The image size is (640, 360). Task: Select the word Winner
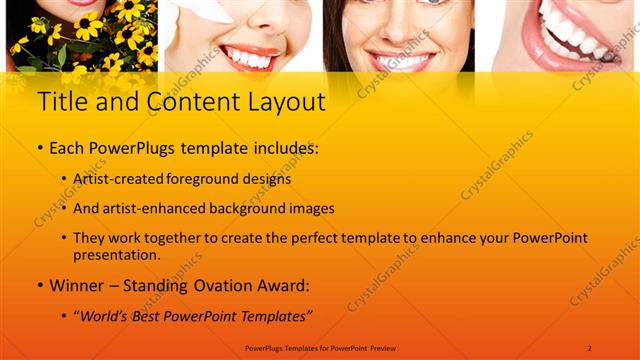(x=79, y=286)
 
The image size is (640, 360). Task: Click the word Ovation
(x=211, y=286)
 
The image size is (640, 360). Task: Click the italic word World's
(x=105, y=317)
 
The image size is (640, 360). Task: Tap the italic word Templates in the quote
(x=271, y=317)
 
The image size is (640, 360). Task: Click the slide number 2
(x=589, y=347)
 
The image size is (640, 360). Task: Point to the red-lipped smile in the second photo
(x=249, y=54)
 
